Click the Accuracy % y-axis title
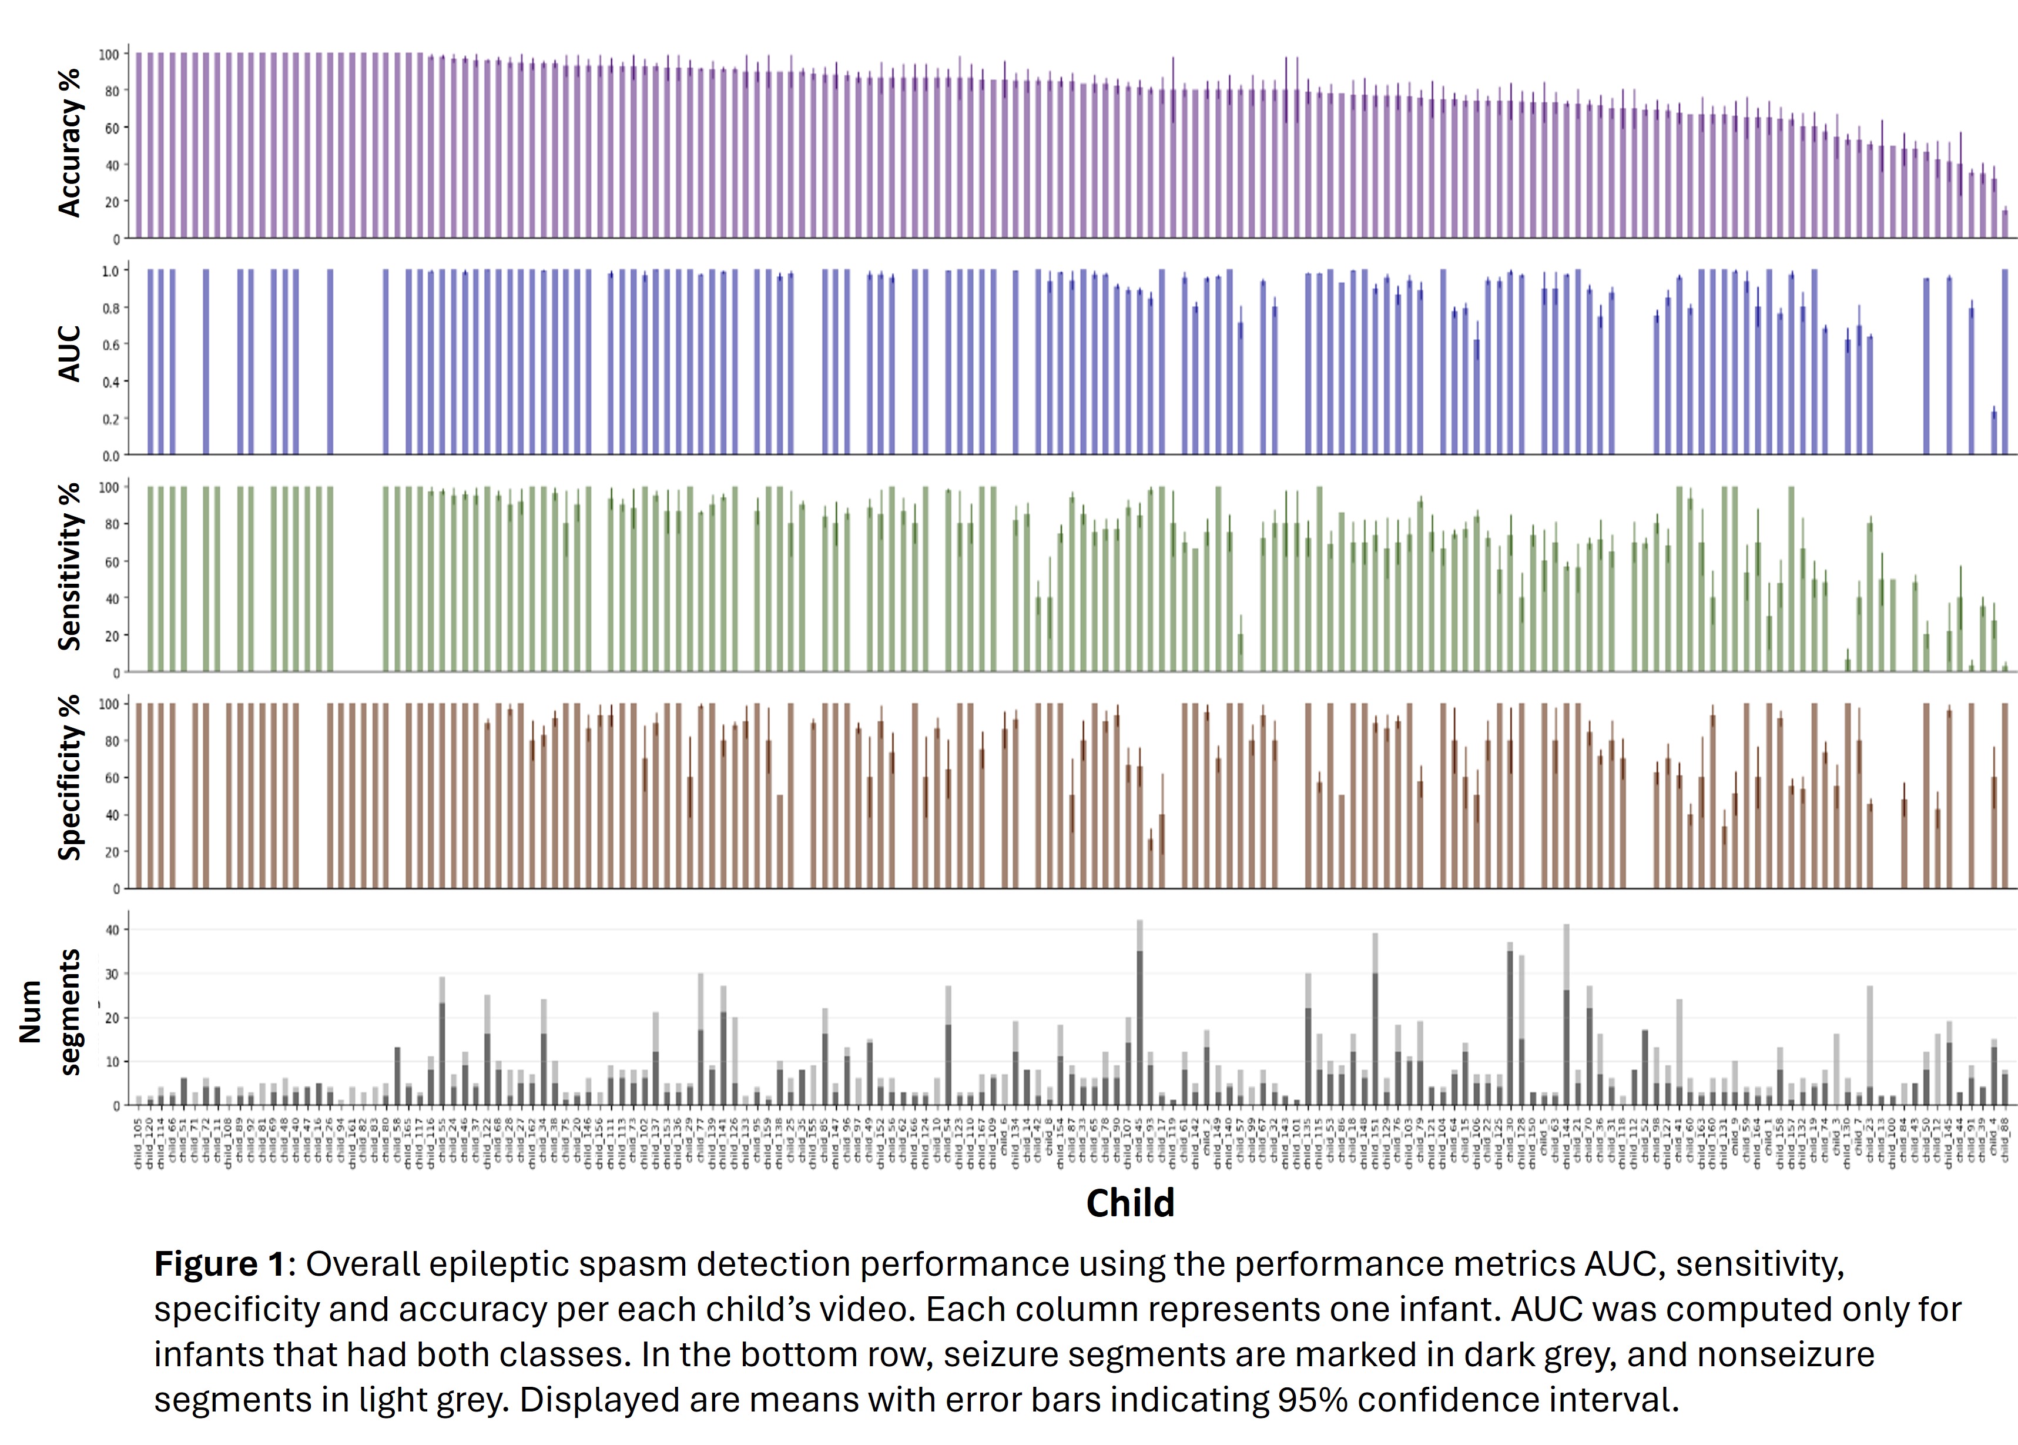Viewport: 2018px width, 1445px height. click(69, 142)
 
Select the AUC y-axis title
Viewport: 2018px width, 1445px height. click(69, 354)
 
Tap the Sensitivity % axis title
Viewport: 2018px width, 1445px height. click(69, 567)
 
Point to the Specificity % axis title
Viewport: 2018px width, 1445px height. click(69, 778)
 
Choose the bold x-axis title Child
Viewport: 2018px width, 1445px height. click(1129, 1203)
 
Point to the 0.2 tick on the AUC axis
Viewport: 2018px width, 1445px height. click(111, 419)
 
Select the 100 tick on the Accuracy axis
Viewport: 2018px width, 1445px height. click(109, 54)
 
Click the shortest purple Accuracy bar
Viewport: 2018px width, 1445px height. click(2004, 224)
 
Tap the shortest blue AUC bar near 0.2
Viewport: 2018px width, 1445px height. click(1994, 433)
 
